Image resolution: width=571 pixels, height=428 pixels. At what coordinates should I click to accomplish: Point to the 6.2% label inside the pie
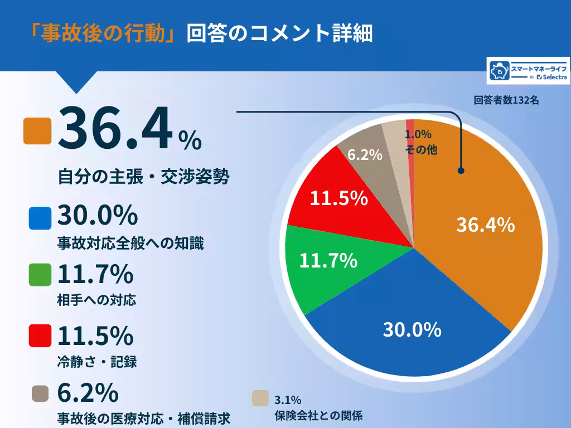[x=365, y=154]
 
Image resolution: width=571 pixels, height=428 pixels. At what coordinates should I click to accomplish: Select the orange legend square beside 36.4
[x=37, y=131]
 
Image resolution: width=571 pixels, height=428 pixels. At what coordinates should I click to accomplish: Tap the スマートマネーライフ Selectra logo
[x=528, y=71]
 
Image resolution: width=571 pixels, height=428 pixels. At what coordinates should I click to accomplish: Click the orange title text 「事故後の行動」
[x=104, y=33]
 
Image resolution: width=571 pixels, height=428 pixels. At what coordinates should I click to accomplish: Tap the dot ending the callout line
[x=461, y=171]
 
